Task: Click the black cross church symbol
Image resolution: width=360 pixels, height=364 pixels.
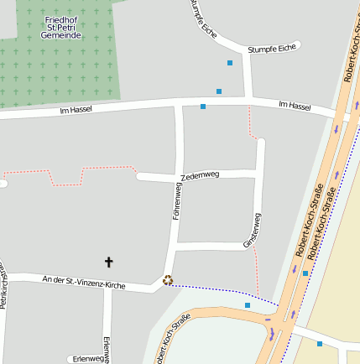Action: point(108,263)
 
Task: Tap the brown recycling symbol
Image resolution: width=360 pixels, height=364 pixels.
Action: point(168,280)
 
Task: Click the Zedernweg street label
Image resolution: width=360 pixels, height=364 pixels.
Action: point(200,176)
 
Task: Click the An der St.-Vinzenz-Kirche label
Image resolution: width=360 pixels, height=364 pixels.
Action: point(83,283)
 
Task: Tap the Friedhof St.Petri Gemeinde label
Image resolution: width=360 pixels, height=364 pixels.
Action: point(61,28)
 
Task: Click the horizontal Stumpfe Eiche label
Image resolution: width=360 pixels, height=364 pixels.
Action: point(273,49)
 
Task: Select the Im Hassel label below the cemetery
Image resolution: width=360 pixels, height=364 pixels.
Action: point(76,109)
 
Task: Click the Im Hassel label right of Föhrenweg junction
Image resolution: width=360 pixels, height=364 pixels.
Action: point(294,107)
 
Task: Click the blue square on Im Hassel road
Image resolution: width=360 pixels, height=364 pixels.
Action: point(203,107)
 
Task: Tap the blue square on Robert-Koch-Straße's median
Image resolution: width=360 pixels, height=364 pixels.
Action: point(305,273)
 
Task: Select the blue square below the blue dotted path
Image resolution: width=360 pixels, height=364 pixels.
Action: point(248,305)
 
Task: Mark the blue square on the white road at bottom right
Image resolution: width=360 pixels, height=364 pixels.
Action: point(320,343)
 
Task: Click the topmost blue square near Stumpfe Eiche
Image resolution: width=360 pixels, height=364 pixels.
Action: point(230,63)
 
